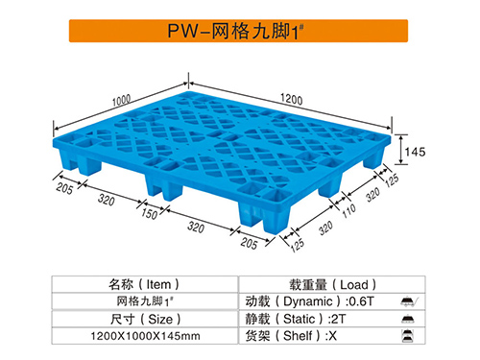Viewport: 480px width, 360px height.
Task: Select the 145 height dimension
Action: (414, 151)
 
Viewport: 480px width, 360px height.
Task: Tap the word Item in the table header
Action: (158, 284)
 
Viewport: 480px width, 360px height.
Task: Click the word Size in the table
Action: (158, 318)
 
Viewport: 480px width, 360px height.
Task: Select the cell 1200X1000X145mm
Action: (145, 335)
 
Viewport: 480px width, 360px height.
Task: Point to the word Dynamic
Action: (312, 300)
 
